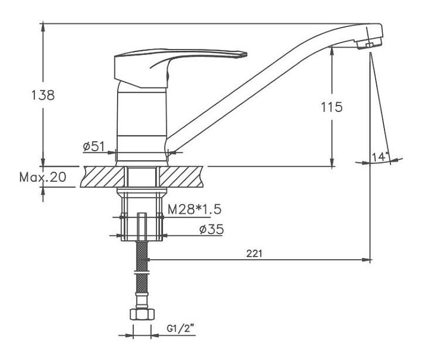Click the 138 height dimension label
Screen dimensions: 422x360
click(43, 95)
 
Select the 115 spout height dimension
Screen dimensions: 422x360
click(332, 107)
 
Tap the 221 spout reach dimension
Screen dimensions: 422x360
click(254, 253)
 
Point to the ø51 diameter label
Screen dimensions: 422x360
click(94, 147)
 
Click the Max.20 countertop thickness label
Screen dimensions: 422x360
click(43, 177)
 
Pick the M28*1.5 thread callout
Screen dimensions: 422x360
click(195, 209)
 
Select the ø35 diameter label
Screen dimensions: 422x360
click(212, 229)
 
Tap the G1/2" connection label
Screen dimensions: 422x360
click(181, 328)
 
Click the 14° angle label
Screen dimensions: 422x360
click(380, 157)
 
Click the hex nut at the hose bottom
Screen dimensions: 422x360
click(142, 314)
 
